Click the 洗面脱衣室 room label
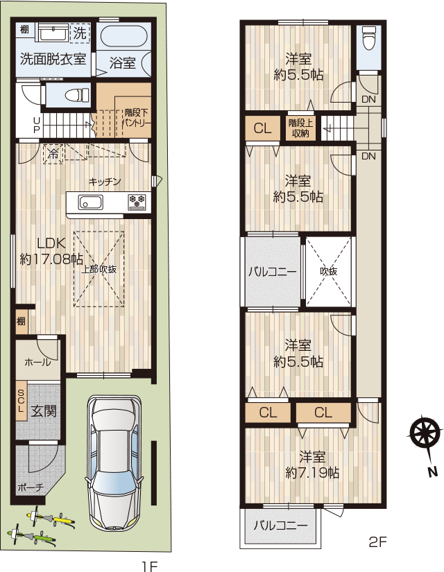(53, 59)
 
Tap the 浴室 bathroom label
(122, 63)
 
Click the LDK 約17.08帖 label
(51, 250)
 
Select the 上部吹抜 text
(99, 269)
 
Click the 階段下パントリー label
(136, 117)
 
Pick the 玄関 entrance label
(43, 411)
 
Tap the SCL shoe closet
(21, 401)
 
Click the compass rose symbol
(423, 433)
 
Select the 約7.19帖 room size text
(312, 473)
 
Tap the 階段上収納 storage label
(301, 128)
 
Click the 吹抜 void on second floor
(329, 271)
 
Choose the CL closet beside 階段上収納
(263, 128)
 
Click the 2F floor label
(377, 541)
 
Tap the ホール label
(37, 362)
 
